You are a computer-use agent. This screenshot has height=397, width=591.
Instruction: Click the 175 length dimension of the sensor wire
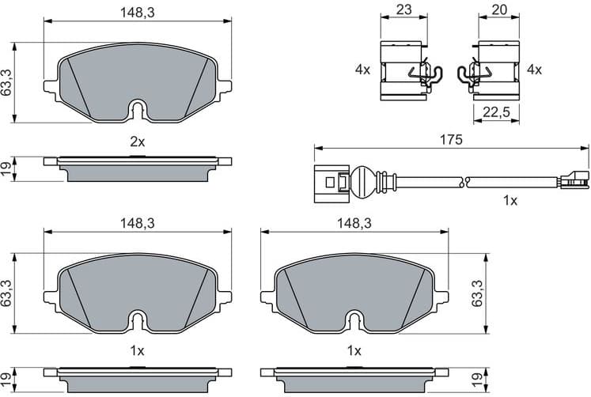451,139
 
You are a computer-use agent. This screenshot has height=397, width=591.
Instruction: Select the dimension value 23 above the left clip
403,10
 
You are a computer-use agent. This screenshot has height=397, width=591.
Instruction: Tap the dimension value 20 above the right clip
498,10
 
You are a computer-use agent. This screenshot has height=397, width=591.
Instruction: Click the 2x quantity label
138,142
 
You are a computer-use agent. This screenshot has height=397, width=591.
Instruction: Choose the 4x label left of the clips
362,70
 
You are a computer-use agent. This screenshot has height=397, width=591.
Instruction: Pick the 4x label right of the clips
534,70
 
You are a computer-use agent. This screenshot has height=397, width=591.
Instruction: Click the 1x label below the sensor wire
510,201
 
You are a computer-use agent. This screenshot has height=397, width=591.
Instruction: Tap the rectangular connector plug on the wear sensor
329,182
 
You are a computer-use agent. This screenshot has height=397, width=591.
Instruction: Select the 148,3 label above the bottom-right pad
354,224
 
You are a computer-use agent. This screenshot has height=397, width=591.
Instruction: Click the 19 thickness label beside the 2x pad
7,168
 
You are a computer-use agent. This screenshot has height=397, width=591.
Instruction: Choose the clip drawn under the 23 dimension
403,70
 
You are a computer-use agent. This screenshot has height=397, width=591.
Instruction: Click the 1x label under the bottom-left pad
138,350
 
